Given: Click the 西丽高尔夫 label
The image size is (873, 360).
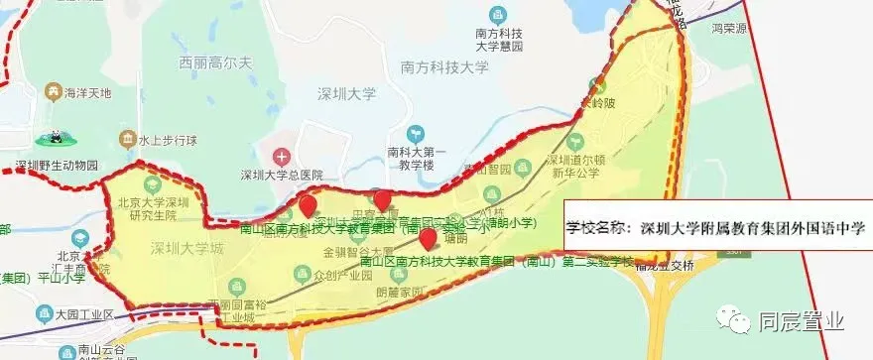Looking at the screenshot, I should pos(218,62).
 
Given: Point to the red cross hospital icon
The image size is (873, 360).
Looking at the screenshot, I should pos(282,157).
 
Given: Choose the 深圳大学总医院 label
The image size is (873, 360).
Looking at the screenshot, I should pos(282,177).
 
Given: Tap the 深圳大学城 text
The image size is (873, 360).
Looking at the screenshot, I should pos(188,248).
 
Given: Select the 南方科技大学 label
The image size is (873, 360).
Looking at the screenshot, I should pos(445,68).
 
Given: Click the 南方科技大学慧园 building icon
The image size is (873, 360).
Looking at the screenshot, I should pos(497,16).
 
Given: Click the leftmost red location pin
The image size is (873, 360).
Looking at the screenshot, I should pos(309,207).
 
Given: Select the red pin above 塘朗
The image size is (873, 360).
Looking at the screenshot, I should pos(428,239).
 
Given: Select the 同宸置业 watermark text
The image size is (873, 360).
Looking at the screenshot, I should pos(802,321).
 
